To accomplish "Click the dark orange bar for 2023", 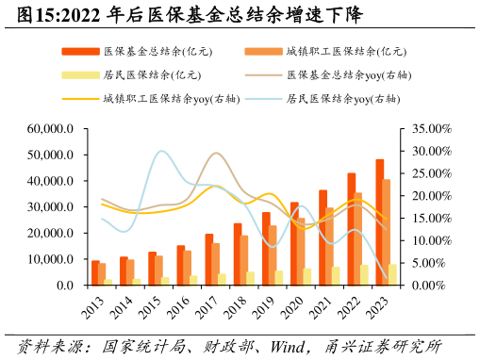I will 380,222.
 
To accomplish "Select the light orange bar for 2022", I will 358,239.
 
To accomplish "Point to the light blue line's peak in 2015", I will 161,151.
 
